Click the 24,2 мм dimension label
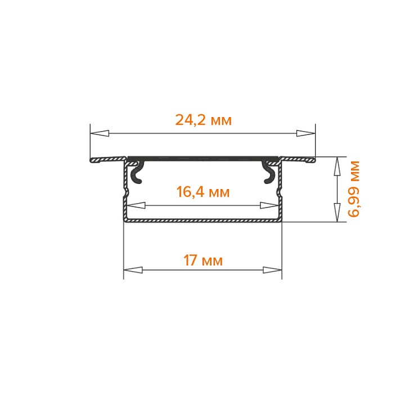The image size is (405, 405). click(203, 120)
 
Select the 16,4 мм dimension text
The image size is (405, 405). click(202, 192)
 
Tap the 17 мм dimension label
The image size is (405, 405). click(202, 260)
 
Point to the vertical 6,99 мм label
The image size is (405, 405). click(353, 189)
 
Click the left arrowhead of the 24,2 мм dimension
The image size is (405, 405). click(100, 133)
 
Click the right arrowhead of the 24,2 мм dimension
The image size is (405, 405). click(306, 133)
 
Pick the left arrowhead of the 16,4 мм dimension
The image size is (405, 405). click(137, 206)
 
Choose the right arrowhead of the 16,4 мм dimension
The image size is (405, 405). click(269, 206)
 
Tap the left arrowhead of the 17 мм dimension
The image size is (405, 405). click(133, 270)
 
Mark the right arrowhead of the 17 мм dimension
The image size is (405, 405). click(272, 270)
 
